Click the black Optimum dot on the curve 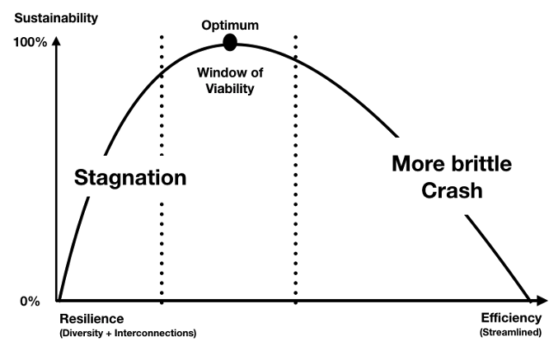230,42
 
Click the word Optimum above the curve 229,24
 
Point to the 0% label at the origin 30,301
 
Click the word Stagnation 130,177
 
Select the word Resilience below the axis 91,319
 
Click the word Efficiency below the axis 511,318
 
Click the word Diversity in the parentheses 82,333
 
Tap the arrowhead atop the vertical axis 57,42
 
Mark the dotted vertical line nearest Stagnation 162,247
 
